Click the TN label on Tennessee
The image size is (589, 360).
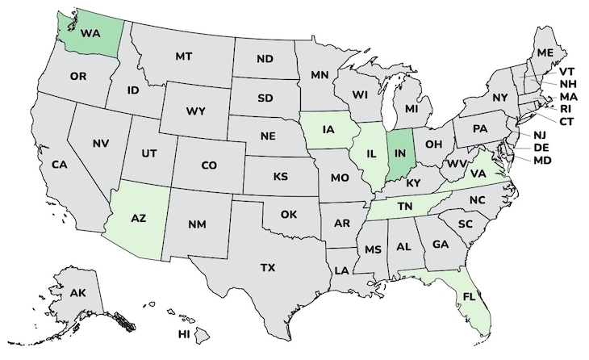403,207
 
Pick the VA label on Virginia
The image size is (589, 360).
478,172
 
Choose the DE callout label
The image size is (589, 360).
542,148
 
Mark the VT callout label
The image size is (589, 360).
567,70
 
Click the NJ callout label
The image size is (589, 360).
540,135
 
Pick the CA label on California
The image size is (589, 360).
59,164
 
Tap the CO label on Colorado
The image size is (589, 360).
209,165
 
